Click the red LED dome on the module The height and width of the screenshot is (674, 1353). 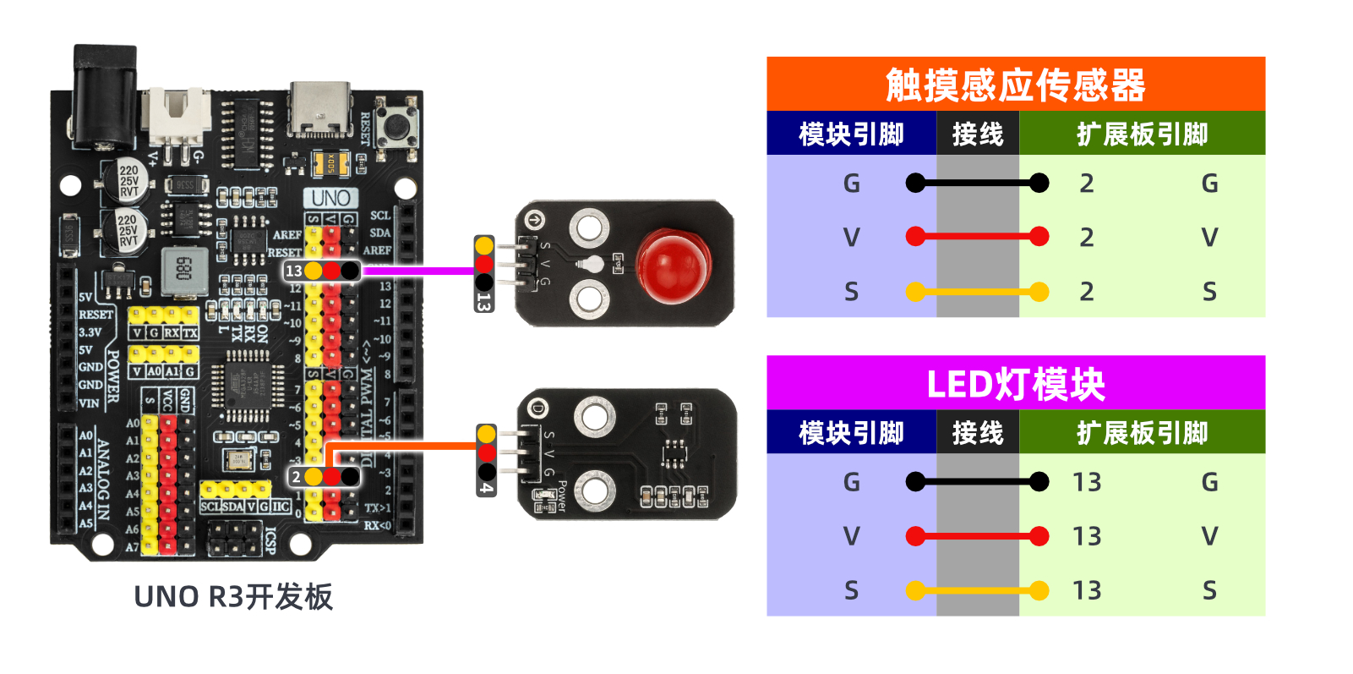point(673,266)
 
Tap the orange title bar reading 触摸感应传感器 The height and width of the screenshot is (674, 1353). point(1015,85)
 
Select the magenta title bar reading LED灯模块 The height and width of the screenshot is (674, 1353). point(1015,383)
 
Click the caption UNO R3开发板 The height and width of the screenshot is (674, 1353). point(233,597)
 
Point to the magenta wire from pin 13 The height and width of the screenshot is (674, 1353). point(418,271)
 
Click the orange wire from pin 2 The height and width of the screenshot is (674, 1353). point(406,446)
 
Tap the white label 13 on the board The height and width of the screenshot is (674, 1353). point(293,271)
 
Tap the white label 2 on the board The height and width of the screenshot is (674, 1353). point(296,477)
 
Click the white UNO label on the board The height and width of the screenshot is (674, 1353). point(330,198)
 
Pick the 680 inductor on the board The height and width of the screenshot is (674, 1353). point(184,271)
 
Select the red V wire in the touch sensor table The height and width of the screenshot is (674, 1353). point(977,237)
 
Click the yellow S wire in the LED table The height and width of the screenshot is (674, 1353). point(977,590)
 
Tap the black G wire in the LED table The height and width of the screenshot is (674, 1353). point(977,482)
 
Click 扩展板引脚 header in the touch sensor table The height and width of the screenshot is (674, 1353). point(1142,134)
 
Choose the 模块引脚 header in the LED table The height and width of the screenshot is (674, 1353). point(851,433)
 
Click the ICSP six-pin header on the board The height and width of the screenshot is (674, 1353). point(235,539)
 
